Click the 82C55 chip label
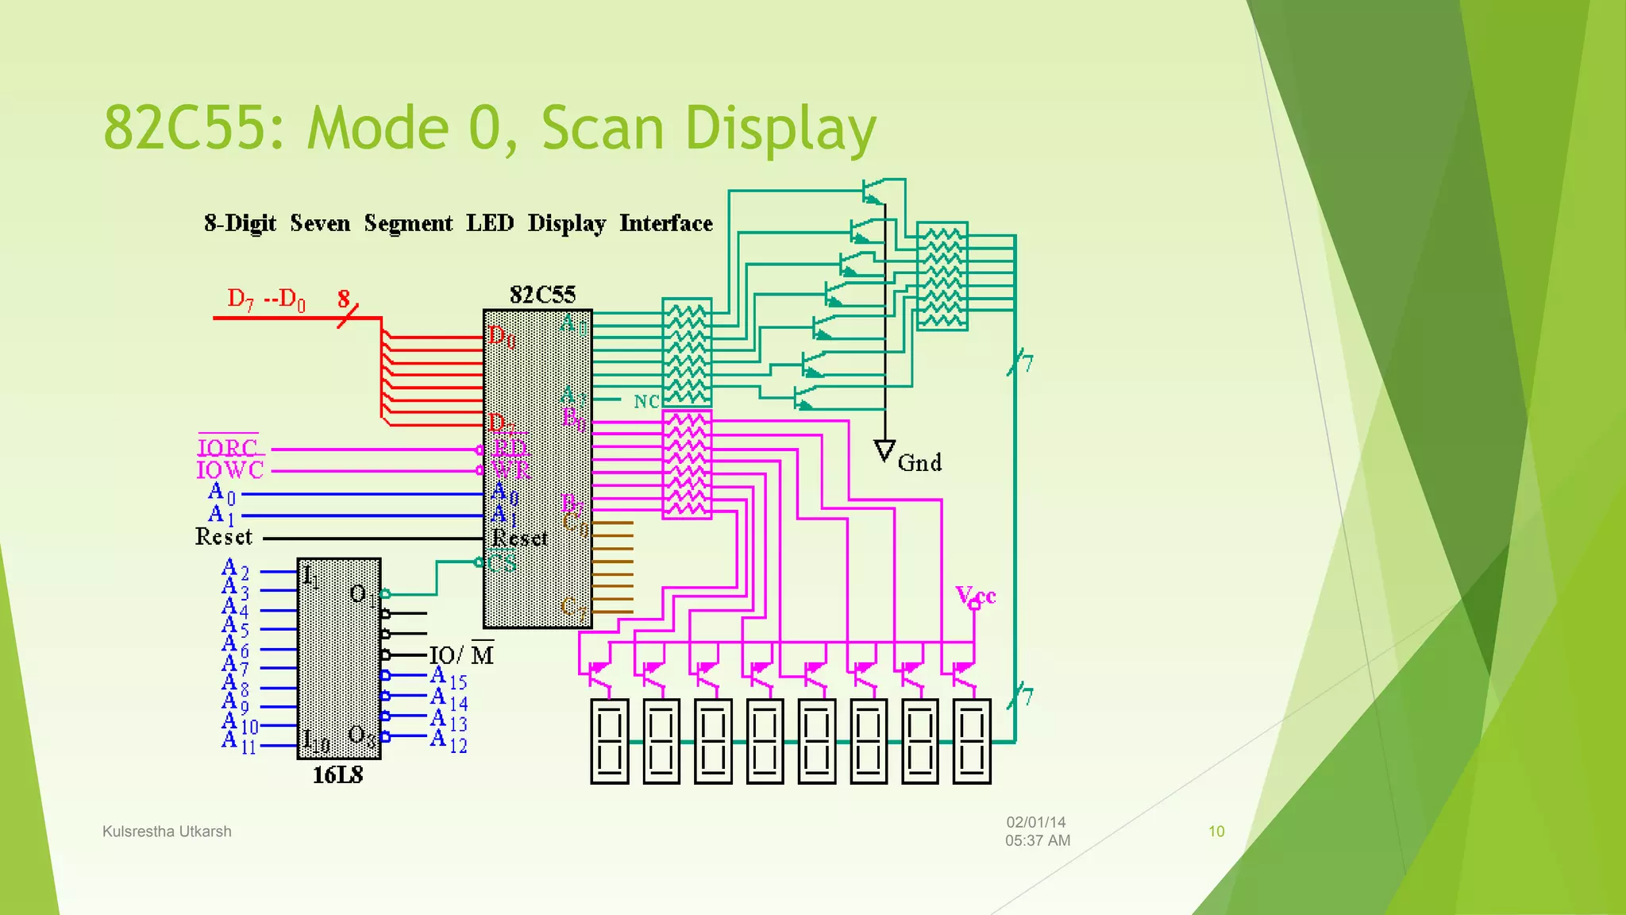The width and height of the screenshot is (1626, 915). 542,295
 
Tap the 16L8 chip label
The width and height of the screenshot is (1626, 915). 337,775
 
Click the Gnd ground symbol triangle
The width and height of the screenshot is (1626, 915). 884,451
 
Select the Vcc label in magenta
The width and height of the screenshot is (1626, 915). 975,595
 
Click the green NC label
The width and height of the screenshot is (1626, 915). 646,402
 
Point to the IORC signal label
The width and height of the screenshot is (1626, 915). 228,448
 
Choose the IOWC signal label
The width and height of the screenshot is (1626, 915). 229,470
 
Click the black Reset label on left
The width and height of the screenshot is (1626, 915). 224,538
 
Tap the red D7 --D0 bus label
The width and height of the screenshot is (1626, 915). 266,299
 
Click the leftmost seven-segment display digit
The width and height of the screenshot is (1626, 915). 609,741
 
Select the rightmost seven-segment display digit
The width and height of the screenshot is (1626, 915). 972,741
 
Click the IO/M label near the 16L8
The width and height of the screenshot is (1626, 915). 461,655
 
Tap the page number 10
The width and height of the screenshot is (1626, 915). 1216,832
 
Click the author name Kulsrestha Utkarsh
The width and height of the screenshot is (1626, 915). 167,832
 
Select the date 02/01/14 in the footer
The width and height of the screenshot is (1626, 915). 1035,823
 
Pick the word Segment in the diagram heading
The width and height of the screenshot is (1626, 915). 408,224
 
